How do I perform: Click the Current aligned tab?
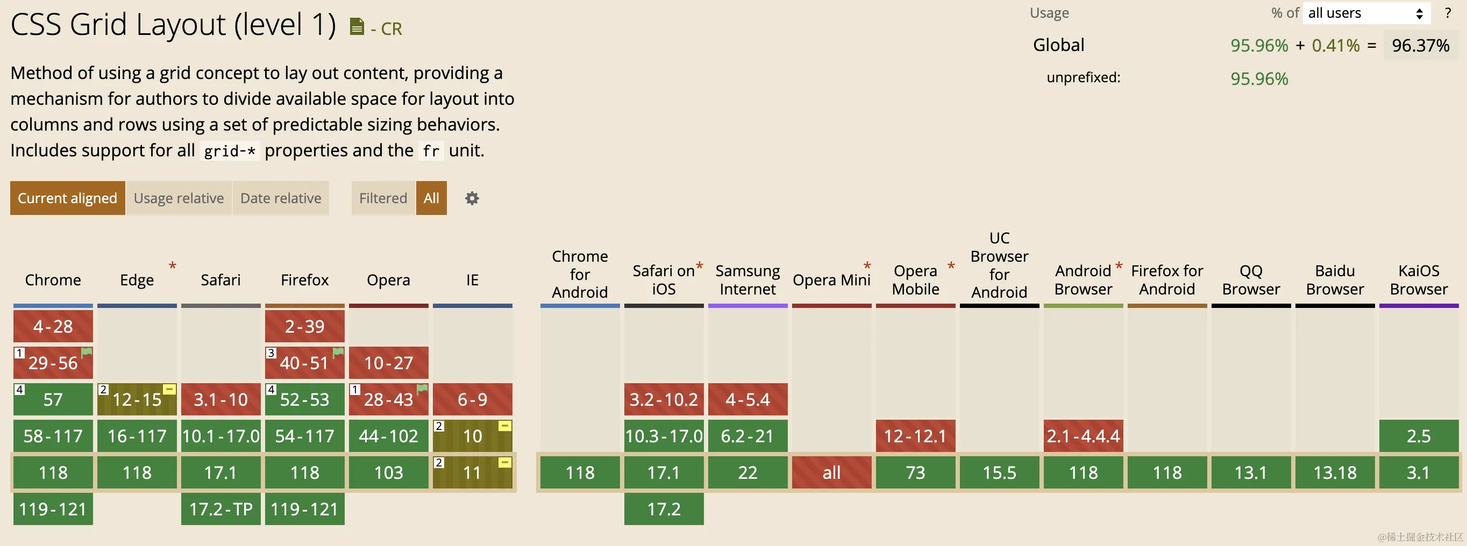pyautogui.click(x=67, y=198)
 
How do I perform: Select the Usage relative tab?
pyautogui.click(x=179, y=198)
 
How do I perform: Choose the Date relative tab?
pyautogui.click(x=281, y=198)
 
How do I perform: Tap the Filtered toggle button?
pyautogui.click(x=383, y=198)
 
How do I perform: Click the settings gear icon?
pyautogui.click(x=472, y=198)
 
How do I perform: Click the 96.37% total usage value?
pyautogui.click(x=1420, y=46)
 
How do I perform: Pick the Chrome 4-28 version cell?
pyautogui.click(x=53, y=326)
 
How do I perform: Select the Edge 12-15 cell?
pyautogui.click(x=137, y=399)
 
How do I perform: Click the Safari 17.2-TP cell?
pyautogui.click(x=221, y=509)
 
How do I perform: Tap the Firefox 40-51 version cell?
pyautogui.click(x=305, y=363)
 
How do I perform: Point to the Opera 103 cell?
pyautogui.click(x=388, y=472)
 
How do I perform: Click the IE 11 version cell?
pyautogui.click(x=472, y=472)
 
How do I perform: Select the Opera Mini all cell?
pyautogui.click(x=831, y=472)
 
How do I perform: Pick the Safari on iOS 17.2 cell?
pyautogui.click(x=664, y=509)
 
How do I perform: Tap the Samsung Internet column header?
pyautogui.click(x=747, y=280)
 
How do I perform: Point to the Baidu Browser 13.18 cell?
pyautogui.click(x=1335, y=472)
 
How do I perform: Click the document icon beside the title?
pyautogui.click(x=357, y=27)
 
